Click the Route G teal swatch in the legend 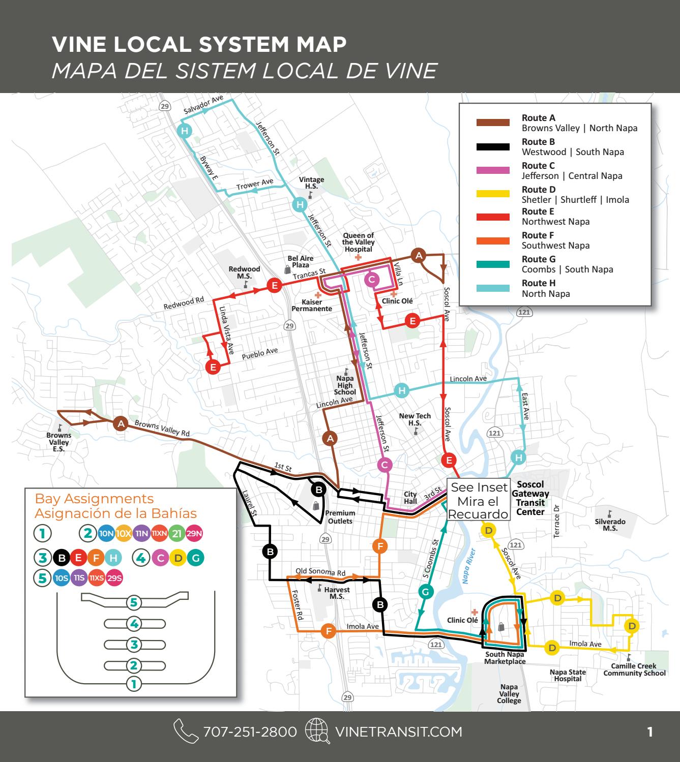coord(493,264)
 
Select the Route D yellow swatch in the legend coord(493,194)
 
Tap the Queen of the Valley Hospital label coord(358,242)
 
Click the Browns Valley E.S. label coord(59,442)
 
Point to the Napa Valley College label coord(509,693)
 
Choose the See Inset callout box coord(479,500)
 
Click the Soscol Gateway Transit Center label coord(530,498)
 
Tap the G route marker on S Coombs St coord(426,592)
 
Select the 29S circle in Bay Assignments coord(114,578)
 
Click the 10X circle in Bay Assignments coord(124,533)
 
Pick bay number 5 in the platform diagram coord(134,603)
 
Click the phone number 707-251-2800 coord(250,731)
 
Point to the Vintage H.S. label coord(311,183)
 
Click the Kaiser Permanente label coord(312,305)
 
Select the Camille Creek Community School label coord(634,669)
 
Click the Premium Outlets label coord(340,516)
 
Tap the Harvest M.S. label coord(337,593)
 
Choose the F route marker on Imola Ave coord(329,631)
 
